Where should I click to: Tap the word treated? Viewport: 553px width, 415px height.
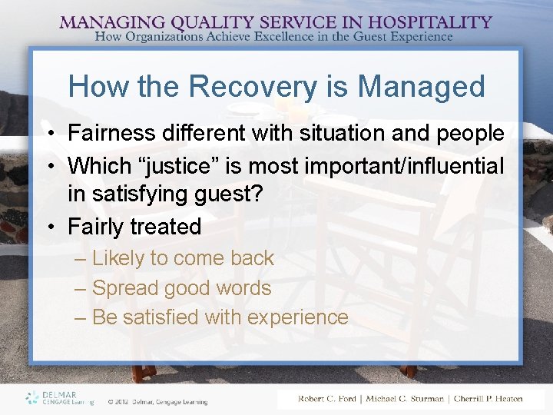(165, 227)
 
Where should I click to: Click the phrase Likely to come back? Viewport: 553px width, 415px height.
(183, 258)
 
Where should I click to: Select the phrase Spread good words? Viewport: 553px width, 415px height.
(181, 288)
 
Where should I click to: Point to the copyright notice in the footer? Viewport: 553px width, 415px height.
(157, 401)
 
